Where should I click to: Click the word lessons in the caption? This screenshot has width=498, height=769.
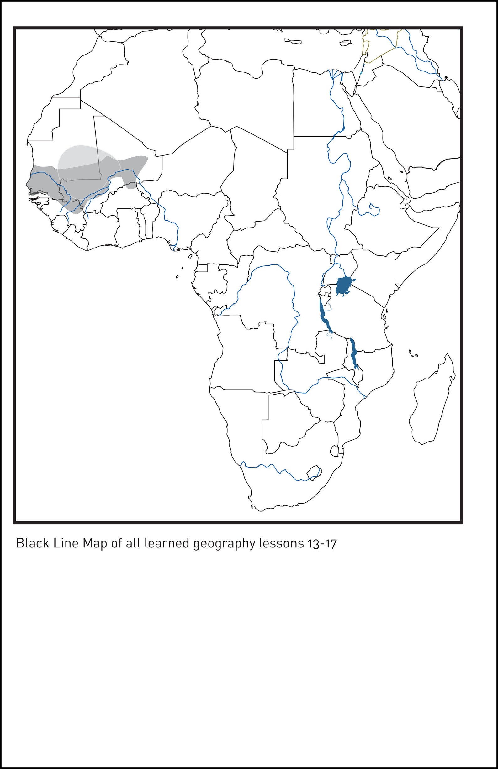pos(280,543)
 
